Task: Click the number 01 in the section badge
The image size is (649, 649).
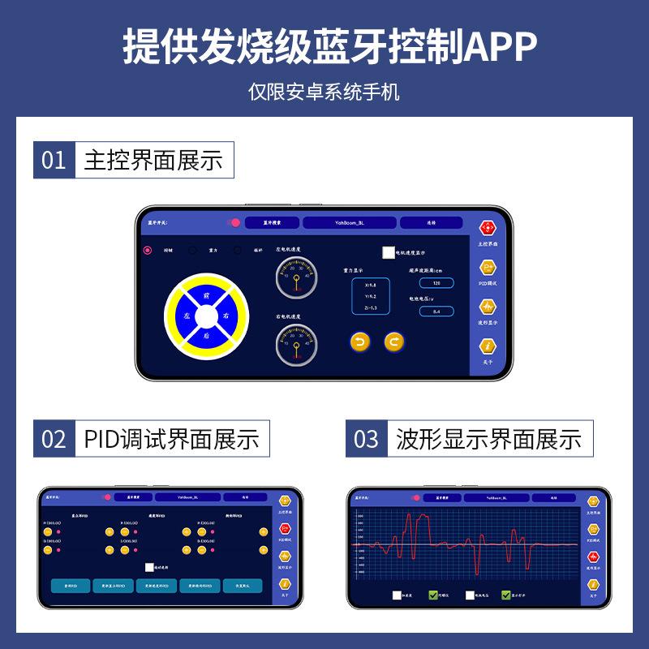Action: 54,160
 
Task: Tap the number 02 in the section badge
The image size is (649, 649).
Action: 54,439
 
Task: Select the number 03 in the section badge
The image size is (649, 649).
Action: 366,439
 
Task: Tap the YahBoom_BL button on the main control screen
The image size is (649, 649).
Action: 349,221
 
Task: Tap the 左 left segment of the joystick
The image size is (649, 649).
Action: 187,315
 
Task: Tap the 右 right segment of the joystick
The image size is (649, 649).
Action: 226,315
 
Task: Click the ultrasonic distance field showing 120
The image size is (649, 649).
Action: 436,283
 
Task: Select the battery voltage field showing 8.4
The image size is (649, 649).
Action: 436,311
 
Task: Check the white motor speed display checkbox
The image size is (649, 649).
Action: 389,252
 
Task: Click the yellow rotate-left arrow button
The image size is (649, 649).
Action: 360,342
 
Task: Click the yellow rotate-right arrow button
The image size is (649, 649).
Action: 393,342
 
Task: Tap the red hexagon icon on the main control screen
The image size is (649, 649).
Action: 488,228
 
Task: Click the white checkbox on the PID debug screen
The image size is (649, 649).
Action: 150,568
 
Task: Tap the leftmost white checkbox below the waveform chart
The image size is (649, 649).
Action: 397,595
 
